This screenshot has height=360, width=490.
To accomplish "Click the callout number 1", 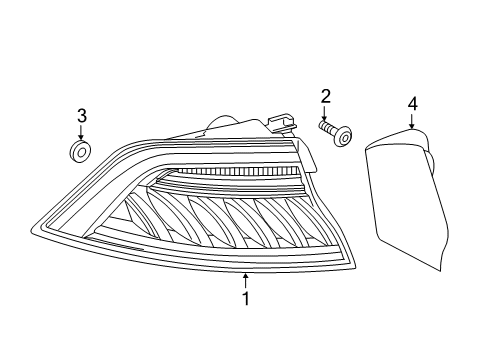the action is tap(246, 298).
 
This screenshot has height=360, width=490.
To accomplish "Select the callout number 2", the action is tap(325, 96).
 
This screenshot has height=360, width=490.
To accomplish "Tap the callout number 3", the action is tap(82, 115).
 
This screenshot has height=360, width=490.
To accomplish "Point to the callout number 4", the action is tap(412, 104).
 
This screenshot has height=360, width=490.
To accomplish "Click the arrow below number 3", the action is tap(80, 132).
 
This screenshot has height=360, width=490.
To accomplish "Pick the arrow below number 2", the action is tap(324, 113).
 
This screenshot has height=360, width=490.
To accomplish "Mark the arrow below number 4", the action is tap(412, 121).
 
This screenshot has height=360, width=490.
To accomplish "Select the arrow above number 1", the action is tap(246, 281).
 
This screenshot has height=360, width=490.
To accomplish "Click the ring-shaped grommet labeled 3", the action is tap(81, 152).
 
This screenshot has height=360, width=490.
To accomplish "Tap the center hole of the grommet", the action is tap(82, 152).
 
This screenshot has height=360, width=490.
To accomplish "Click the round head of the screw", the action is tap(343, 136).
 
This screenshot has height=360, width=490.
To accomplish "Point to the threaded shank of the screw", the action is tap(327, 127).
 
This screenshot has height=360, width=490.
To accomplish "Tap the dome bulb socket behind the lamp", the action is tap(222, 122).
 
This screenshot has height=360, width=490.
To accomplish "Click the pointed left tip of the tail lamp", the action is tap(31, 229).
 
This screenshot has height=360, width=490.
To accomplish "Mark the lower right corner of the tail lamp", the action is tap(355, 268).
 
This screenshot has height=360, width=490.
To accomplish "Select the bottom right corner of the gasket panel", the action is tap(441, 271).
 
